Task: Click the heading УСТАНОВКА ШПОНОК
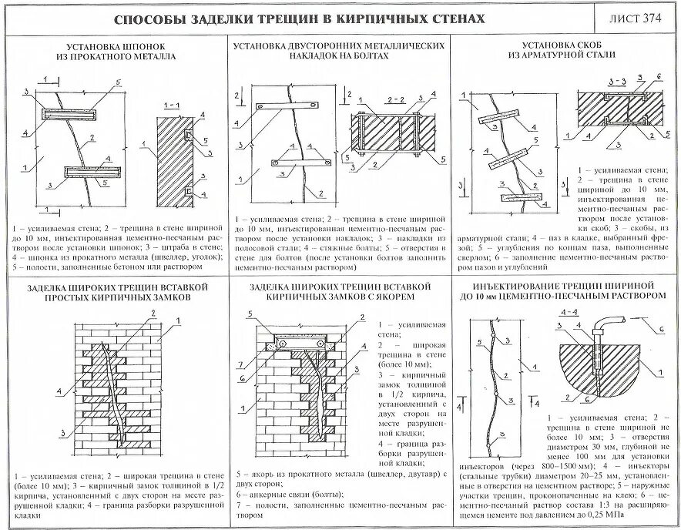[x=116, y=46]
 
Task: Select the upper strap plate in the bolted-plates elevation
[x=286, y=106]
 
